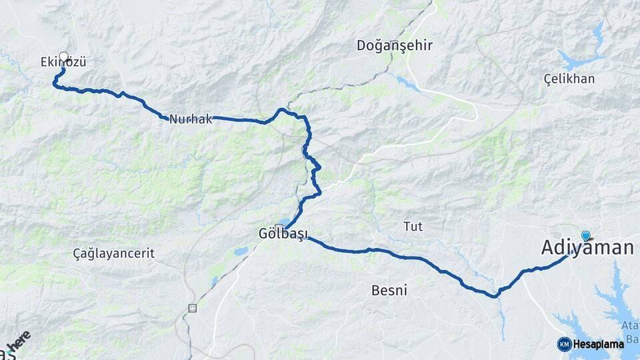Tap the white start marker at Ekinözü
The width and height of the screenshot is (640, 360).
[x=63, y=57]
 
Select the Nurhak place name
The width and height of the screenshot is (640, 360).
[x=190, y=119]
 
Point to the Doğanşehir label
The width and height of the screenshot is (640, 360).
[x=395, y=45]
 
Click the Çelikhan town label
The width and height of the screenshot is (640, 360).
[x=569, y=79]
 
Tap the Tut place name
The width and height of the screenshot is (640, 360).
[x=413, y=227]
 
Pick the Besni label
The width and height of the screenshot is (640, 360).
[x=389, y=290]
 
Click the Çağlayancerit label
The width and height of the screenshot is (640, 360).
[x=114, y=253]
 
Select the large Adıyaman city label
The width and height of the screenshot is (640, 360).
[x=587, y=249]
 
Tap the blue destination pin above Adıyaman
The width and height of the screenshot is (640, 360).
[x=585, y=235]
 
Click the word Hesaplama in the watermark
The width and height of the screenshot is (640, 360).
[x=598, y=344]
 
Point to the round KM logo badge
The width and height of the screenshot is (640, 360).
[x=564, y=344]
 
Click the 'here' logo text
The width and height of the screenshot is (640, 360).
[x=21, y=341]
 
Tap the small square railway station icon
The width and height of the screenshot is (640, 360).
[x=193, y=308]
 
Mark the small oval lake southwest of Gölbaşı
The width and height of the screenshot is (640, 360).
[x=241, y=252]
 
